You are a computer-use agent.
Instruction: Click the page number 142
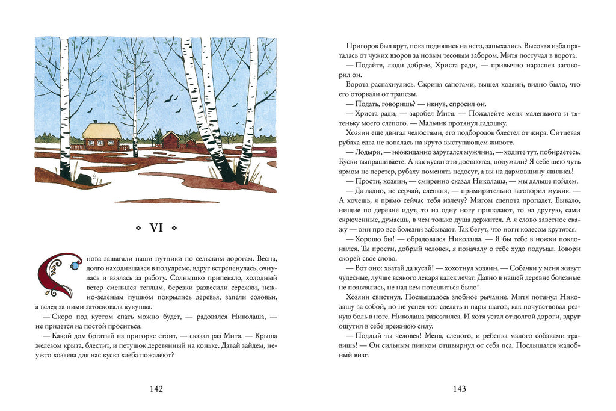click(156, 389)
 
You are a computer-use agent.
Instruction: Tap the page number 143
click(459, 389)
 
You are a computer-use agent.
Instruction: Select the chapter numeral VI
click(156, 228)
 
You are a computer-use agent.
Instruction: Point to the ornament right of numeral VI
click(174, 228)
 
